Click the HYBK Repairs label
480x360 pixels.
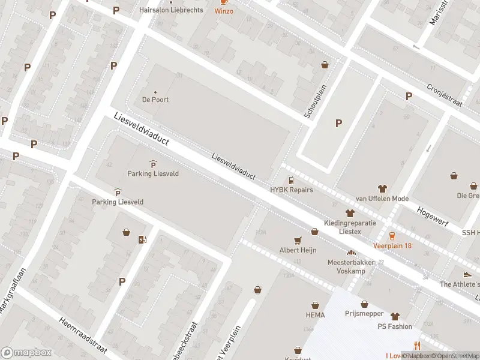point(291,189)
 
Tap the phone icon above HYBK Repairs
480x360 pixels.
point(291,180)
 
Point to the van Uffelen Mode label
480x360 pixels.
point(382,199)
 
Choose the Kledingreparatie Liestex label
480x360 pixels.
point(351,226)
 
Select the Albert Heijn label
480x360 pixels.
point(298,250)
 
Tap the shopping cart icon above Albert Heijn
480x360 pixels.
point(298,240)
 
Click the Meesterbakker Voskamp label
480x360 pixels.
point(351,266)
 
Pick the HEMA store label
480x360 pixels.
point(314,315)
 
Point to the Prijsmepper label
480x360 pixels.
point(364,313)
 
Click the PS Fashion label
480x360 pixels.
point(394,326)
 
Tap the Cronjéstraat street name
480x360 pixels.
point(445,94)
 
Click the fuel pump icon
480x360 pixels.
point(142,240)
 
